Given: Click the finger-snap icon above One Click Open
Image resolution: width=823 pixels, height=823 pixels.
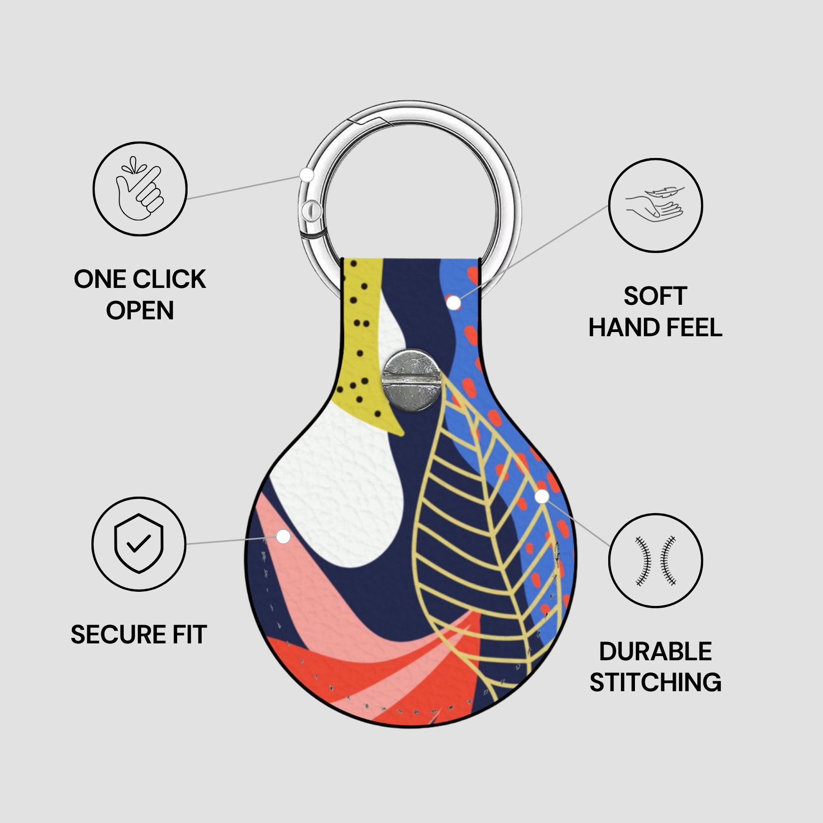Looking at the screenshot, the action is tap(139, 189).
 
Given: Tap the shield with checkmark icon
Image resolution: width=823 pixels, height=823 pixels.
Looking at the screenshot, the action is tap(139, 544).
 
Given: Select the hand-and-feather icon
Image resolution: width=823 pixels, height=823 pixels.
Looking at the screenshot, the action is tap(655, 205).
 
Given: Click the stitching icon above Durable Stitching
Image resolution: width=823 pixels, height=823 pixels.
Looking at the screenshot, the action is tap(656, 560).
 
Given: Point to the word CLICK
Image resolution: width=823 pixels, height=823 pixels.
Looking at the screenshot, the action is tap(173, 279).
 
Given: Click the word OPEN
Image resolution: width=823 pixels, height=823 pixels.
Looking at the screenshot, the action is tap(140, 310).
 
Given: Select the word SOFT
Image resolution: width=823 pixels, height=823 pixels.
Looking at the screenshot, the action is tap(655, 296).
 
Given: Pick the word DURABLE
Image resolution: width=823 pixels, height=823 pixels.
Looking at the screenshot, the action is tap(656, 651).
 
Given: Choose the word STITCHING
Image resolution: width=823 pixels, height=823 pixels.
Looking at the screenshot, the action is tap(656, 682).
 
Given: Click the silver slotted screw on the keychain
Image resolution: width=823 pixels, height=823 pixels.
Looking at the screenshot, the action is tap(411, 380).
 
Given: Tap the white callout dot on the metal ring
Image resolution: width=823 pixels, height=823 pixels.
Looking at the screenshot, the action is tap(307, 175).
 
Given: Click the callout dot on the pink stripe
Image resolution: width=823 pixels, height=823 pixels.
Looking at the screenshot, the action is tap(283, 536).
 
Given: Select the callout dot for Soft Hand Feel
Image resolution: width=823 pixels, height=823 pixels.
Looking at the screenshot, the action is tap(453, 303).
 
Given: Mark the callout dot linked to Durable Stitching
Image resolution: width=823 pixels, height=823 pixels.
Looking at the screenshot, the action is tap(542, 496).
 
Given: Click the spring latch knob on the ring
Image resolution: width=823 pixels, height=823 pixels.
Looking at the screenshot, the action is tap(311, 211).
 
